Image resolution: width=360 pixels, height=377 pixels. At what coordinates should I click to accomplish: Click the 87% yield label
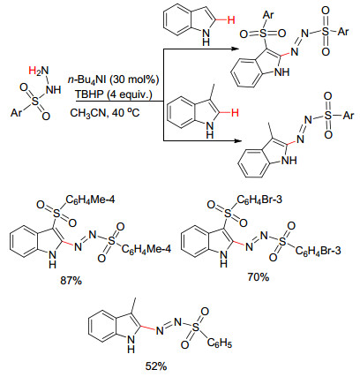[x=71, y=281]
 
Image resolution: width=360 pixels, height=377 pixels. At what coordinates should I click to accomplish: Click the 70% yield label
[x=258, y=277]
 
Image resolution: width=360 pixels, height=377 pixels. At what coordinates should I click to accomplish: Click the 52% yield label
[x=156, y=366]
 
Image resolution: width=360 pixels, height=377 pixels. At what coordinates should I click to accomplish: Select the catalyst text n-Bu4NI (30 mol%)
[x=113, y=79]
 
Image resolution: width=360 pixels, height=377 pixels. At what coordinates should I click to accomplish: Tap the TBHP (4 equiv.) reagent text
[x=113, y=94]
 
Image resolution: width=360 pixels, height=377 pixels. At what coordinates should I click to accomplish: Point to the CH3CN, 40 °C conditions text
[x=105, y=113]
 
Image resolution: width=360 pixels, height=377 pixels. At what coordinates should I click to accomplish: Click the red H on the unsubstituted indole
[x=231, y=20]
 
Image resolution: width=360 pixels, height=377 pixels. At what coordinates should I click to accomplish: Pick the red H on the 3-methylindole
[x=235, y=113]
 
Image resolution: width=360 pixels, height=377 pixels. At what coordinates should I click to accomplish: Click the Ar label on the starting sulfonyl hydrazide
[x=17, y=113]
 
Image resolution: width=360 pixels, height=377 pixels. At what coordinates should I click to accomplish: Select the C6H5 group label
[x=219, y=343]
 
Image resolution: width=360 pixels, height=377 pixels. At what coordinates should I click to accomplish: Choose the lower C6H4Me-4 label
[x=146, y=250]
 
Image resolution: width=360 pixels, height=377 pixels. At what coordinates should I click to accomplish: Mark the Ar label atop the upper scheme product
[x=267, y=15]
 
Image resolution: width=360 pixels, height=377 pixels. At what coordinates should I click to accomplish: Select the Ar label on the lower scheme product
[x=349, y=116]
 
